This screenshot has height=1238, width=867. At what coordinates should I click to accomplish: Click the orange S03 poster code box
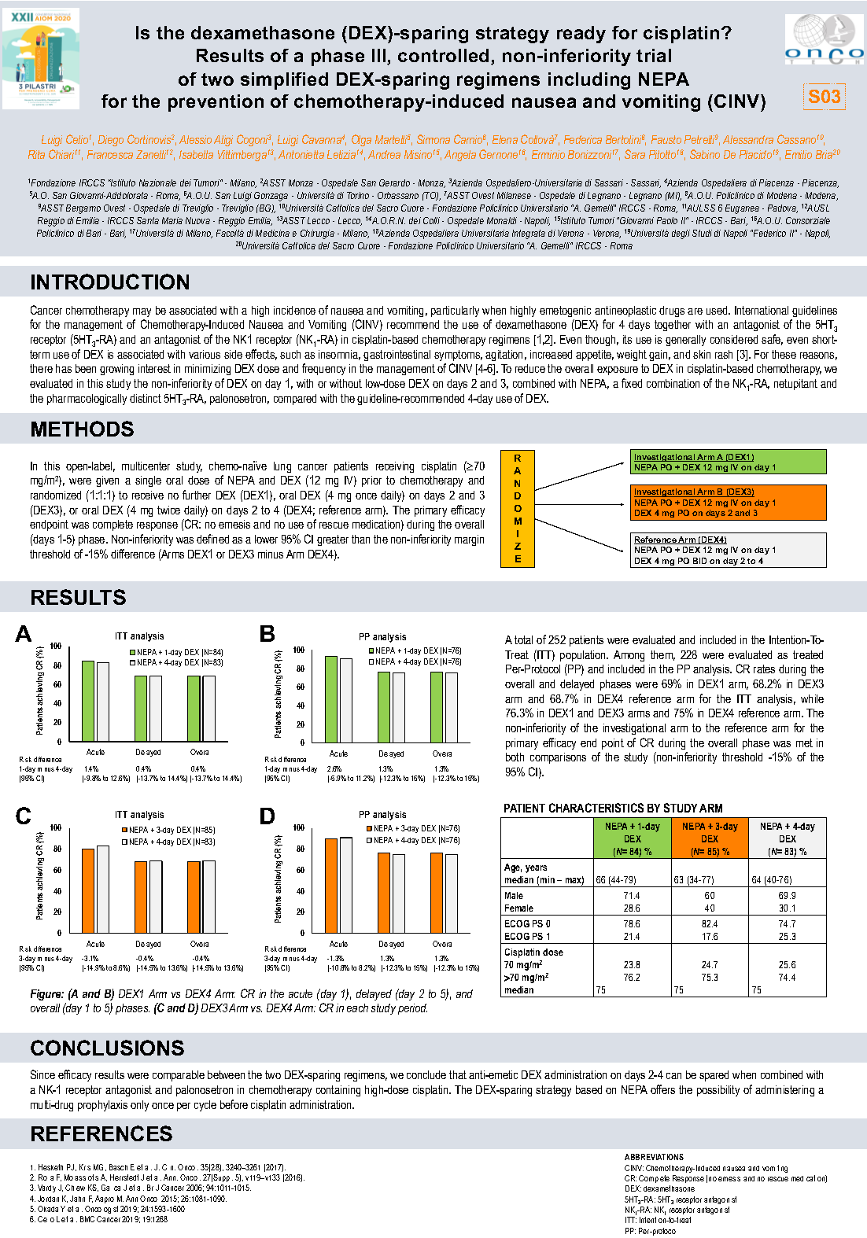824,97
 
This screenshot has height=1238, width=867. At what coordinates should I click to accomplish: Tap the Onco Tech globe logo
823,39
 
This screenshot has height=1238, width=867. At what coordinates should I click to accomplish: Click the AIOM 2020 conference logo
41,58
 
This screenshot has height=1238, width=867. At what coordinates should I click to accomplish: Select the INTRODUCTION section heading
110,282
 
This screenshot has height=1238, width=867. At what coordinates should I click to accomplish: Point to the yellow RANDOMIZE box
517,508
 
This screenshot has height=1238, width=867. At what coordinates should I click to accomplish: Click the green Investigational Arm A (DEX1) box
729,462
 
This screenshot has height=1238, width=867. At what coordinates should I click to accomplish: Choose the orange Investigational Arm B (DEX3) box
729,502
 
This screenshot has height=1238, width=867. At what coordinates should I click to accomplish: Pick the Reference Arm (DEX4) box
729,550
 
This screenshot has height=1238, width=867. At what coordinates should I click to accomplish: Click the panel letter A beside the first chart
24,634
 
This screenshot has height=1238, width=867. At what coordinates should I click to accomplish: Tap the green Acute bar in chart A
88,701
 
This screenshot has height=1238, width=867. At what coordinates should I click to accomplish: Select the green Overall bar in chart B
437,707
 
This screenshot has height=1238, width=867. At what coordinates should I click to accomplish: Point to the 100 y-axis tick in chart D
299,827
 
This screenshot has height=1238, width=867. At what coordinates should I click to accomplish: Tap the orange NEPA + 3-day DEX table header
709,838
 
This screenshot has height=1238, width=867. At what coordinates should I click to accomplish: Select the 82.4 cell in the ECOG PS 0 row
710,924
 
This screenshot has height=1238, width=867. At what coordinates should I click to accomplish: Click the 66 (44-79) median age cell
616,879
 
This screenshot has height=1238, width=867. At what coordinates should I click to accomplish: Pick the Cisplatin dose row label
533,952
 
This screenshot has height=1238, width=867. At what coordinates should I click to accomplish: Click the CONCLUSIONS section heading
107,1048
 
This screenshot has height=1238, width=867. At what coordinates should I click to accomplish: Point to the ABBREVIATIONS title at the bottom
654,1157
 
